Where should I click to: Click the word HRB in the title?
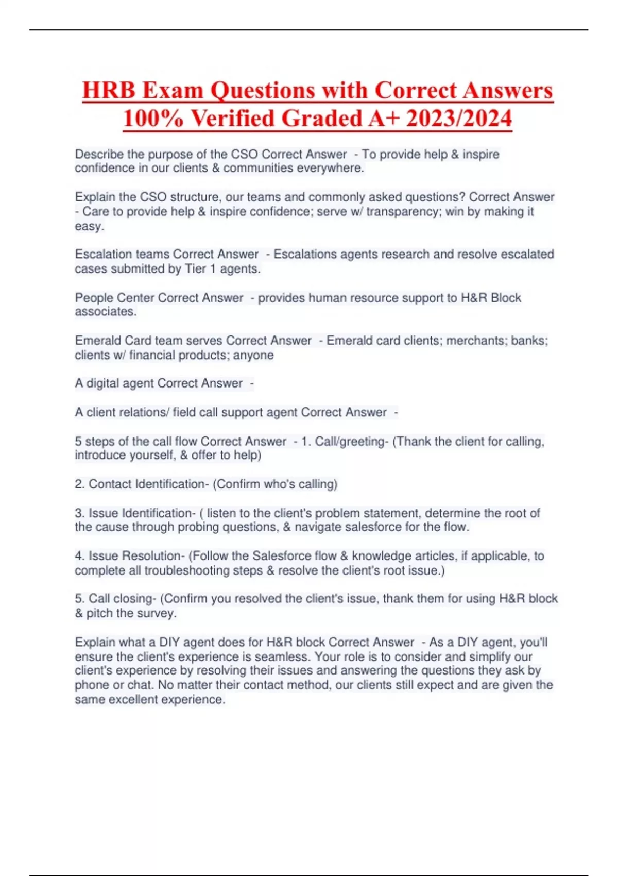coord(108,91)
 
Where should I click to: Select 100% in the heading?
coord(153,119)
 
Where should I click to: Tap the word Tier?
coord(195,268)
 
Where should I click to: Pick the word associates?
coord(105,312)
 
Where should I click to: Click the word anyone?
coord(253,355)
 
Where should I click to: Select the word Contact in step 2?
coord(110,484)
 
